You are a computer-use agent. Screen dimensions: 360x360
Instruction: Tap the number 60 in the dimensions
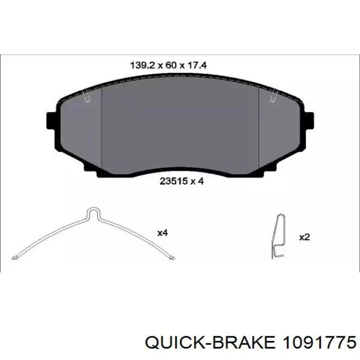[x=171, y=65]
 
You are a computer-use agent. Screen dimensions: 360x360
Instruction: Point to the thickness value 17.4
[x=197, y=65]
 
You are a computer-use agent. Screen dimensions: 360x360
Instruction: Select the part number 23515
[x=174, y=181]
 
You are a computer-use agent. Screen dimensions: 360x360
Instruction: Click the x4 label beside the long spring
[x=163, y=233]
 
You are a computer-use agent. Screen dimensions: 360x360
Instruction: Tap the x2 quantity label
[x=304, y=237]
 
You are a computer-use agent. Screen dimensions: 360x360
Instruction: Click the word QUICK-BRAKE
[x=210, y=343]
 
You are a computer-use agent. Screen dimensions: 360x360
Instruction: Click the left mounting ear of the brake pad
[x=51, y=120]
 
